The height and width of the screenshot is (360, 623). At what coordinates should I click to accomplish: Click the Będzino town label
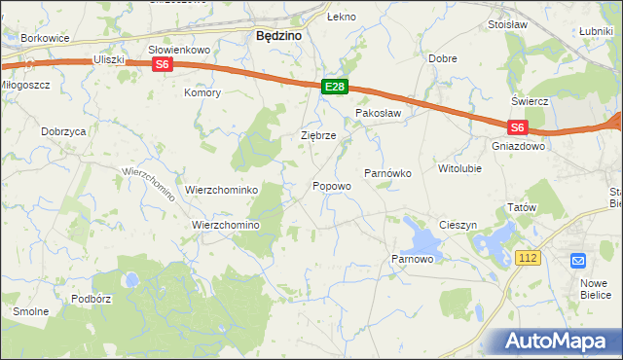[276, 35]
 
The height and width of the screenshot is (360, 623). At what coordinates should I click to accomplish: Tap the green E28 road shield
[334, 88]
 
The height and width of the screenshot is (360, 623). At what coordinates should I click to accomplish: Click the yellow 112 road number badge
[529, 257]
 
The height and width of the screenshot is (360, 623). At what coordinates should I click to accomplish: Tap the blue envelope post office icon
[578, 261]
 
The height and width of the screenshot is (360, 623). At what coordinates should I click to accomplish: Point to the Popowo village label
[332, 186]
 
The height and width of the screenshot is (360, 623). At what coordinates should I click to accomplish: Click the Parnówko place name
[388, 172]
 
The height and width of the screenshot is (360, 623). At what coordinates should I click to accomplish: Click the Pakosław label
[378, 113]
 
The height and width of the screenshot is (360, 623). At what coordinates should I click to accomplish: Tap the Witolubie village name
[459, 168]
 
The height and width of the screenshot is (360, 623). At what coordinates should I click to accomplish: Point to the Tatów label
[522, 208]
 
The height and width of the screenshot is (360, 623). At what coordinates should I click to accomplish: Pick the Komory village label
[202, 93]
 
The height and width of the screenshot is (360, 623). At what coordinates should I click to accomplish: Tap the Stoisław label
[507, 24]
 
